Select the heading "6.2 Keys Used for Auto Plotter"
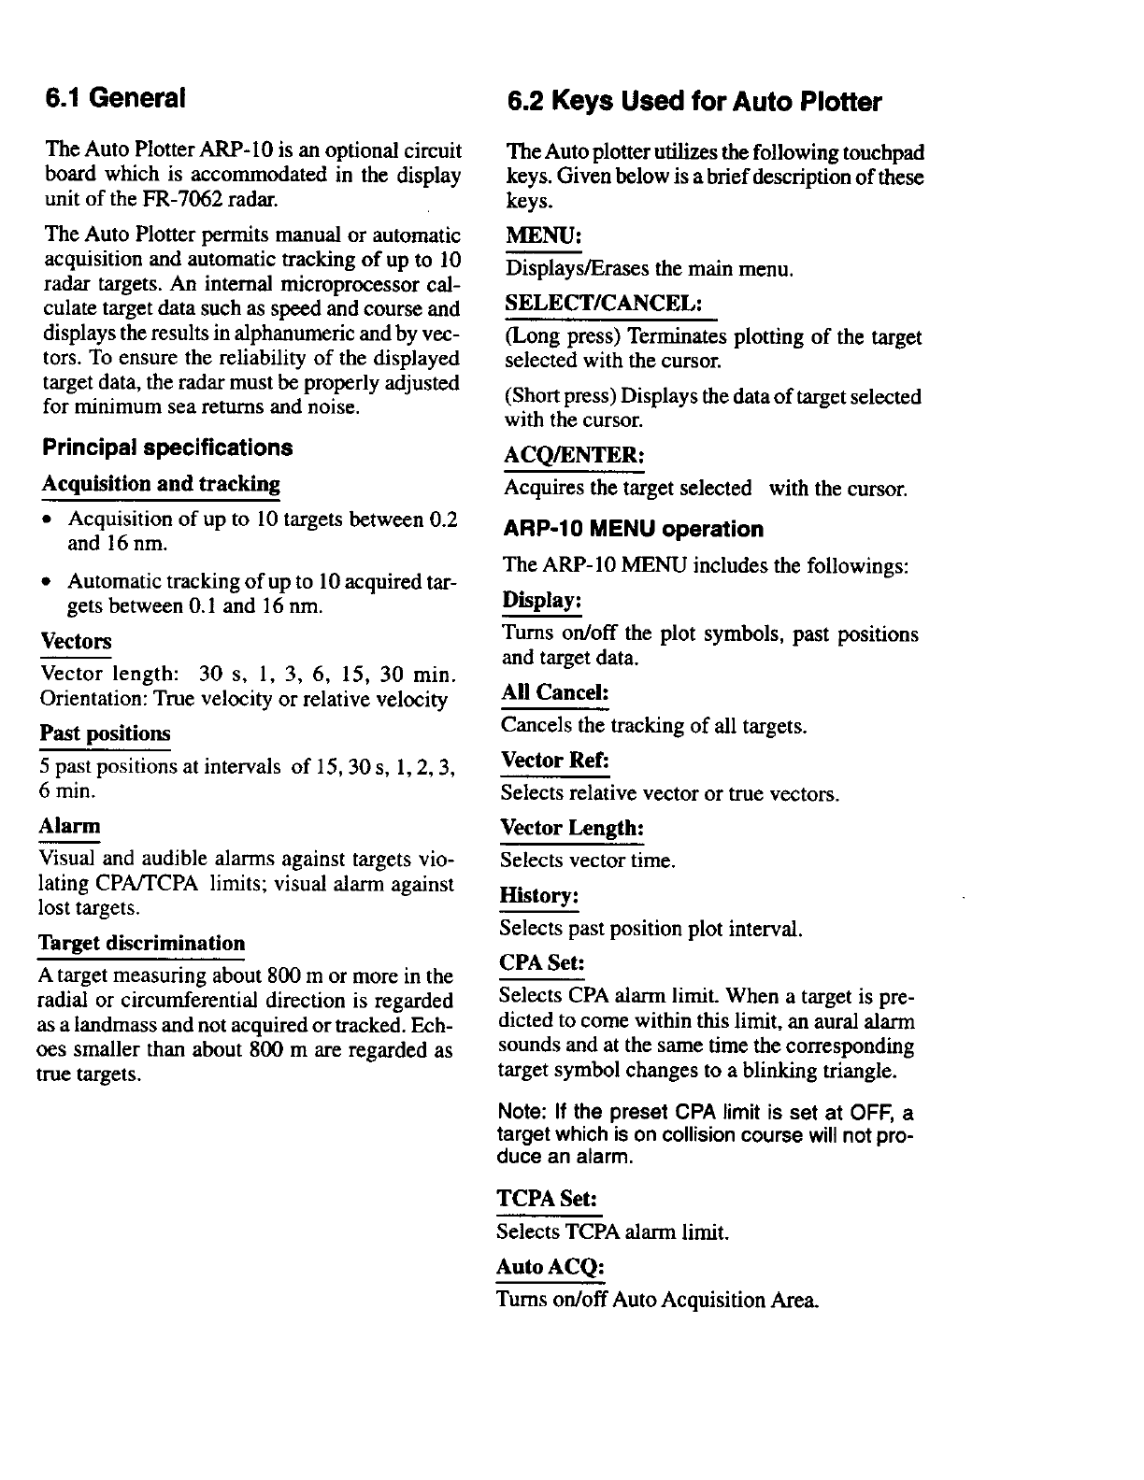coord(694,102)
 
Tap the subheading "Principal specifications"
coord(167,448)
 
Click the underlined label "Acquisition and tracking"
coord(161,484)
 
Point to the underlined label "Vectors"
coord(76,642)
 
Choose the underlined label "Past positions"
coord(105,733)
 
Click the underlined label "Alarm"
coord(69,827)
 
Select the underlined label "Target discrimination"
coord(141,944)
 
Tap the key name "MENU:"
coord(544,236)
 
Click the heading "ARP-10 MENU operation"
coord(633,530)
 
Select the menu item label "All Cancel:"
coord(555,693)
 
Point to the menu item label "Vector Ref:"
coord(555,761)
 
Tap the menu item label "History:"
coord(539,897)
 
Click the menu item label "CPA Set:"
coord(542,963)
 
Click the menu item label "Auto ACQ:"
coord(551,1268)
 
